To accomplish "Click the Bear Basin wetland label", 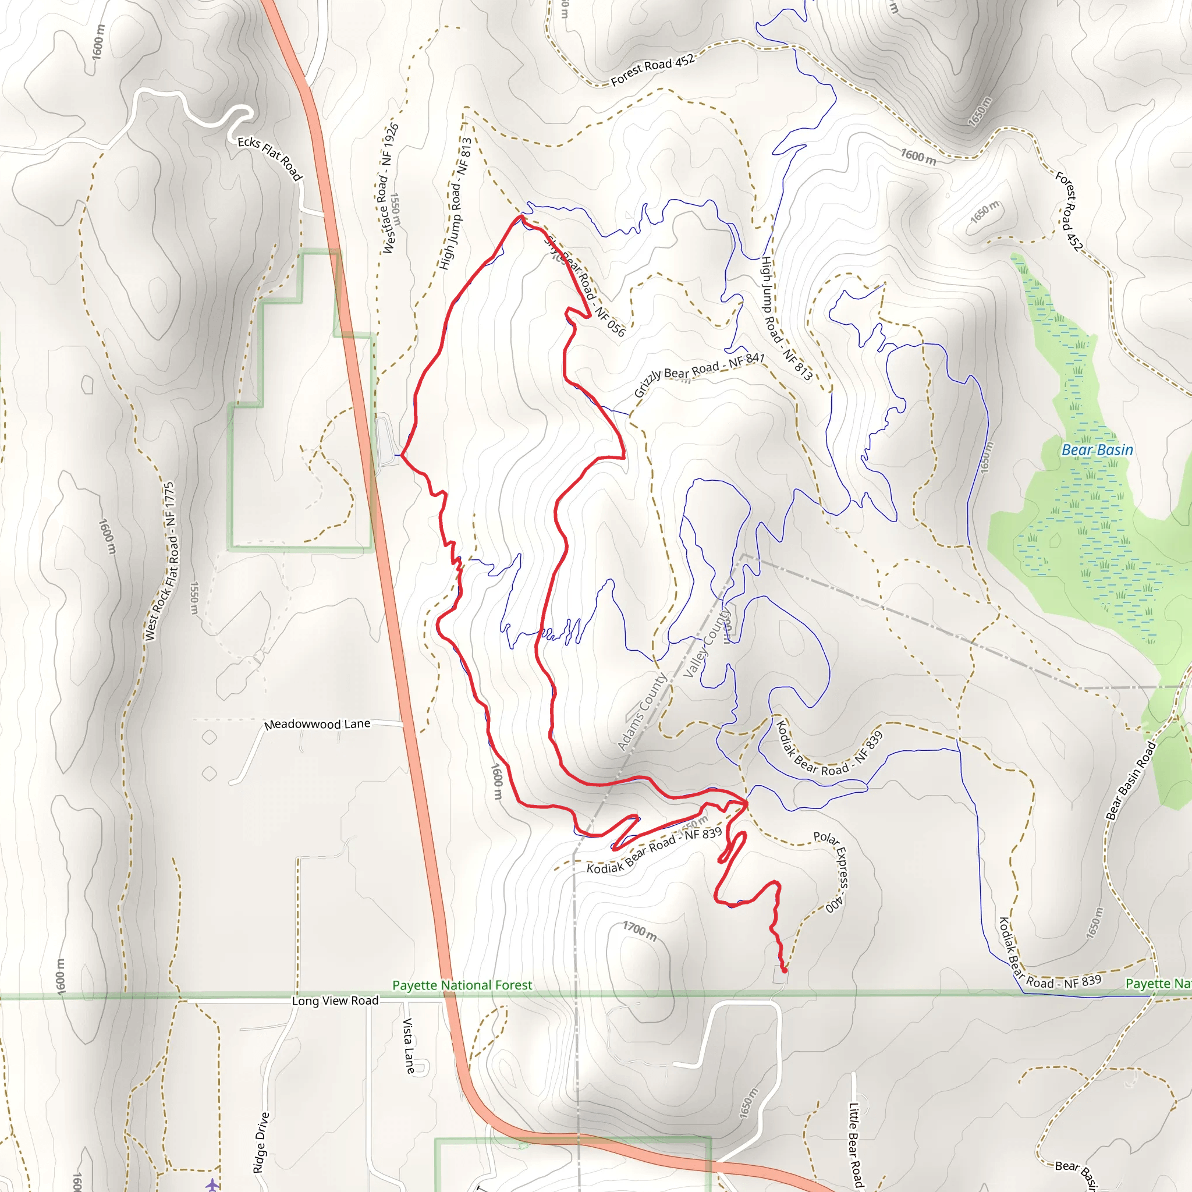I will (x=1097, y=450).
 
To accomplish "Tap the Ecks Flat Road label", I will (x=270, y=158).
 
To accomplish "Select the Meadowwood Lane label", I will (x=317, y=723).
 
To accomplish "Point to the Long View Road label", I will (x=335, y=1000).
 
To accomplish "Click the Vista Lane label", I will (x=409, y=1046).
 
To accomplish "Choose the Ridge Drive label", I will (x=261, y=1142).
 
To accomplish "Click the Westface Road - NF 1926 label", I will (x=390, y=188).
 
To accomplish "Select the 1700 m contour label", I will (x=639, y=931).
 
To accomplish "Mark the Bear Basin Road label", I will (x=1130, y=780).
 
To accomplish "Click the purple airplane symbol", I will (x=212, y=1184).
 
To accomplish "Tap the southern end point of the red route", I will (x=784, y=970).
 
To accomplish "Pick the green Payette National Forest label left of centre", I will (x=462, y=985).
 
